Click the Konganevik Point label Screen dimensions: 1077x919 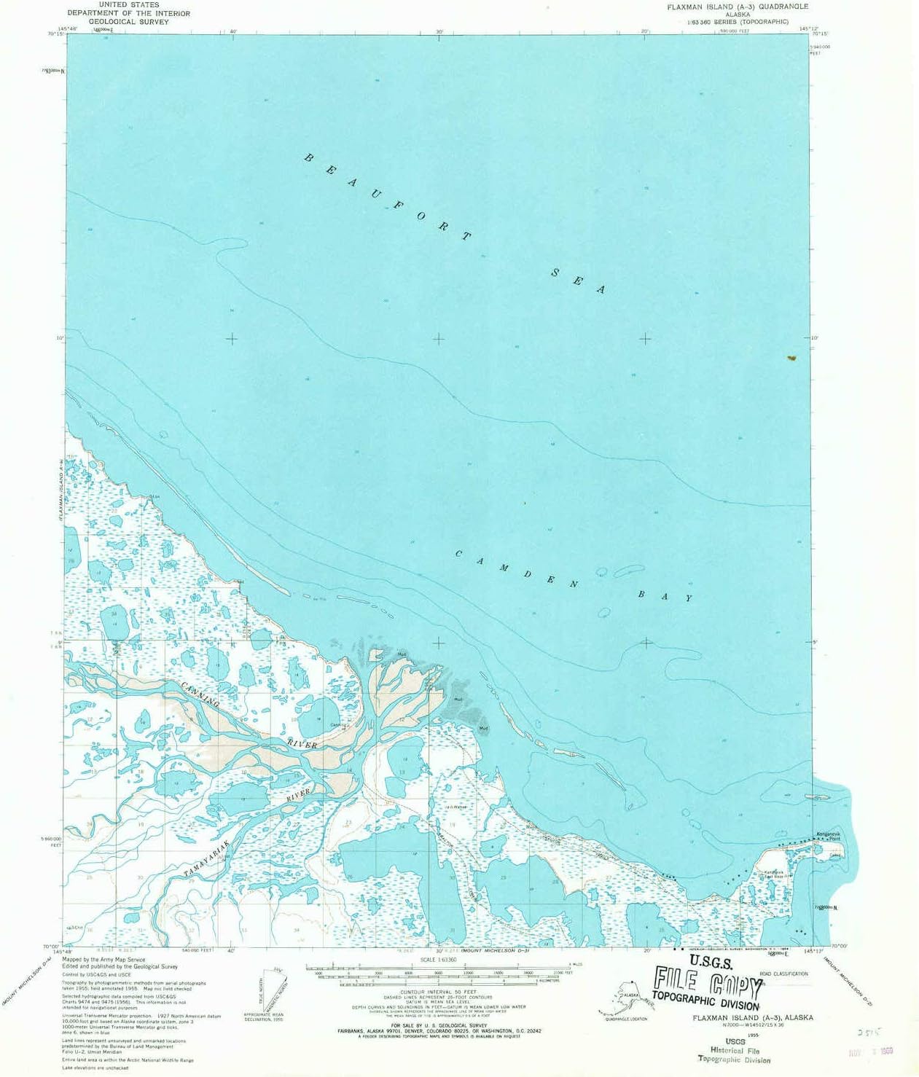pyautogui.click(x=828, y=836)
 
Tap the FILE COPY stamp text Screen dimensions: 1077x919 pyautogui.click(x=707, y=982)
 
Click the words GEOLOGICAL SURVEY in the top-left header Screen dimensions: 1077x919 pyautogui.click(x=128, y=22)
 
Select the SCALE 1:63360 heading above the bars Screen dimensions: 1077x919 pyautogui.click(x=437, y=960)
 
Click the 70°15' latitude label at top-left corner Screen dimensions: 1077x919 pyautogui.click(x=55, y=33)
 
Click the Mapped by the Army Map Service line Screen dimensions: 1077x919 pyautogui.click(x=103, y=960)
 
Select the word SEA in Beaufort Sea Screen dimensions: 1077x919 pyautogui.click(x=579, y=281)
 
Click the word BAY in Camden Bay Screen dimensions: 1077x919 pyautogui.click(x=665, y=595)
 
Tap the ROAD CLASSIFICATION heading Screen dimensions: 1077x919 pyautogui.click(x=783, y=974)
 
